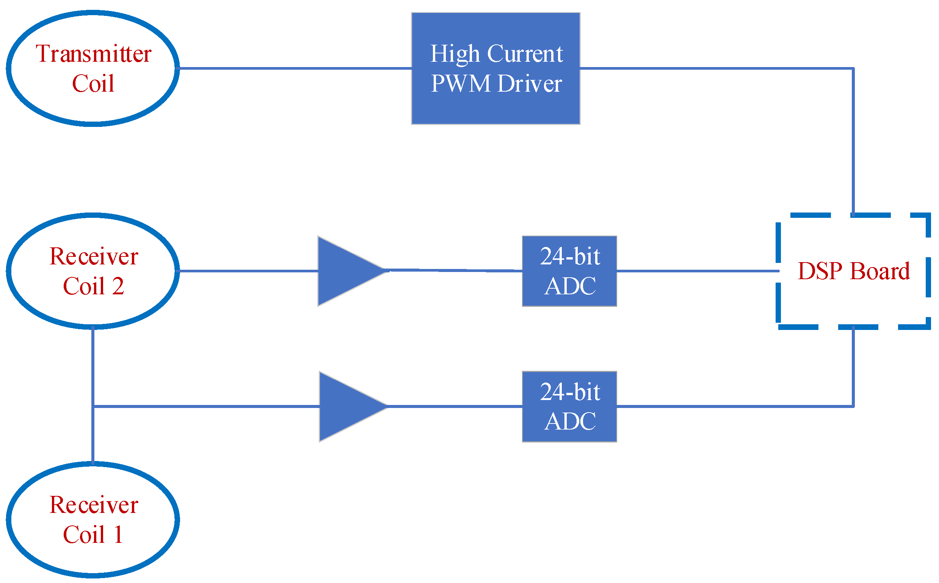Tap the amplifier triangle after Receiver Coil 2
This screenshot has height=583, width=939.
(x=343, y=271)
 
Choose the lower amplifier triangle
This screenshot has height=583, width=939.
(x=345, y=406)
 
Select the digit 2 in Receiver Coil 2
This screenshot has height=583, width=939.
(x=118, y=286)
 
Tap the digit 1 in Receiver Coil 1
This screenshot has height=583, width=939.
(x=118, y=535)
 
